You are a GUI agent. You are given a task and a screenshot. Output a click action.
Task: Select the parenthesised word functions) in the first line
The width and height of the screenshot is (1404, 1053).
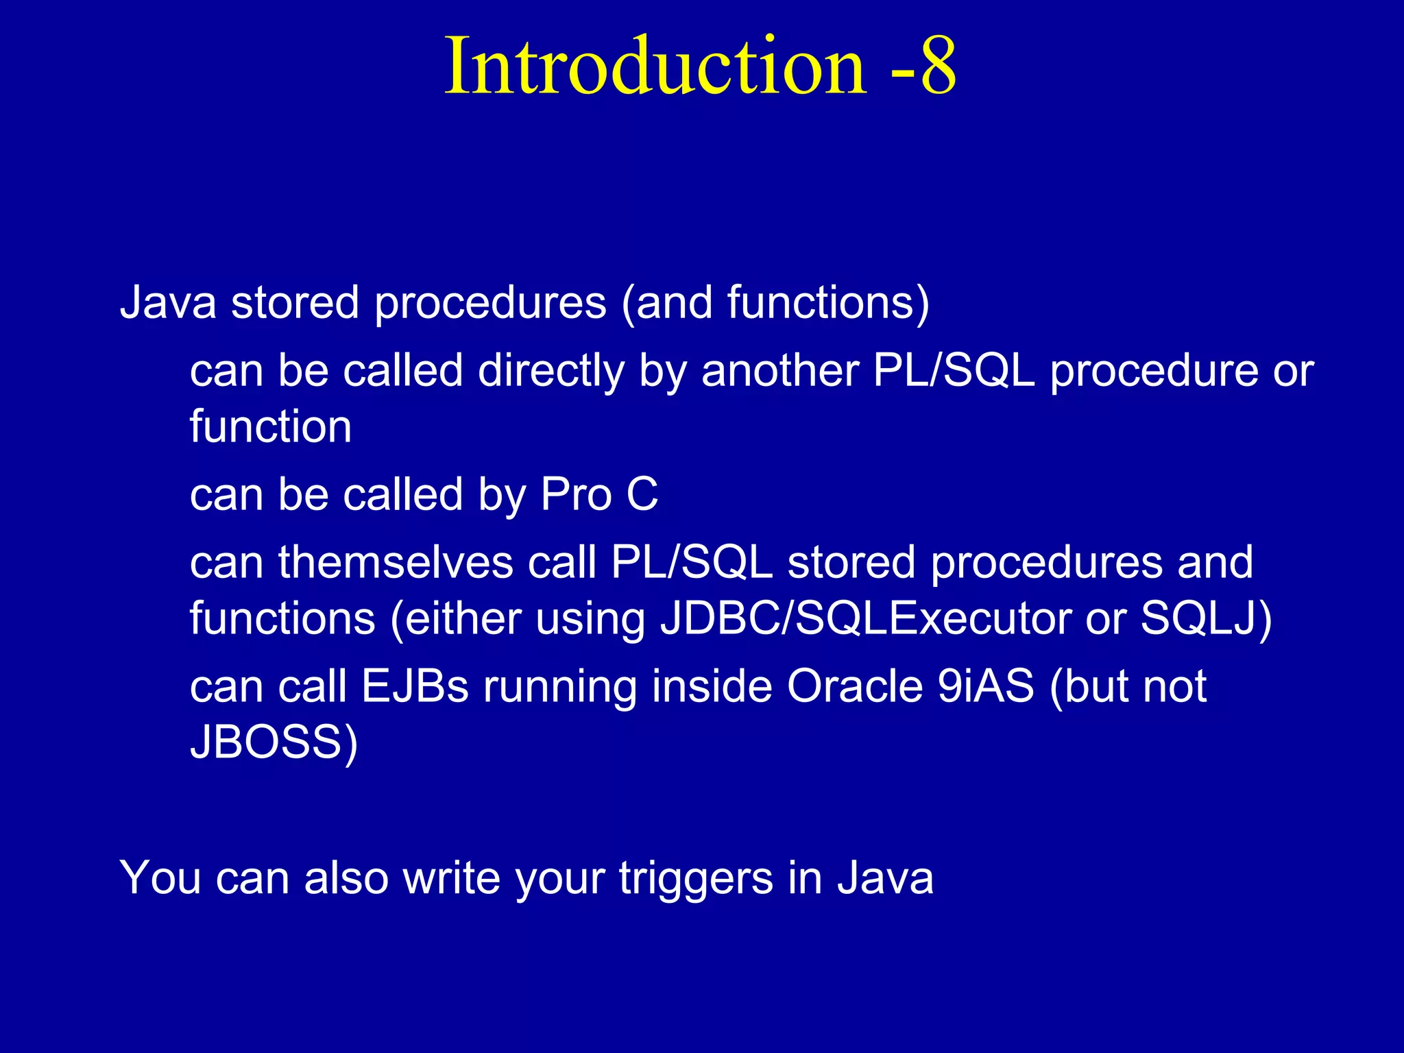(828, 302)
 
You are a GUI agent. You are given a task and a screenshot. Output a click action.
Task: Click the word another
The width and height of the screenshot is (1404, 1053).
(779, 371)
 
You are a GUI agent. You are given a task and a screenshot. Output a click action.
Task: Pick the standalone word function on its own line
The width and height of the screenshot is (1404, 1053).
(271, 426)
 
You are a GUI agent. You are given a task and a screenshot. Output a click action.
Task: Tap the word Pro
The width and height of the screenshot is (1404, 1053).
(576, 494)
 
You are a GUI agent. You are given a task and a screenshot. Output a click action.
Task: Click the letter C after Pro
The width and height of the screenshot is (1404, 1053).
(642, 494)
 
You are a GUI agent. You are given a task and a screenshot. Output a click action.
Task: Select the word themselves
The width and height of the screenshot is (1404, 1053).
(396, 563)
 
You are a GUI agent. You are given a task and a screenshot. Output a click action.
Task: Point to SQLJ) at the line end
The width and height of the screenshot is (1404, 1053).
(1205, 618)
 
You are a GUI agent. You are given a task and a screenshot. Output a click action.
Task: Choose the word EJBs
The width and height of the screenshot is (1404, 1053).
(415, 686)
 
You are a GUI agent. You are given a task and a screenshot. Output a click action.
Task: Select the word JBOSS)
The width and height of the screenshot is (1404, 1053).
(274, 742)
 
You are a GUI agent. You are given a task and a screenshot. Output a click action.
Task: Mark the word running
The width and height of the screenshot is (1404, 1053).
(559, 688)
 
